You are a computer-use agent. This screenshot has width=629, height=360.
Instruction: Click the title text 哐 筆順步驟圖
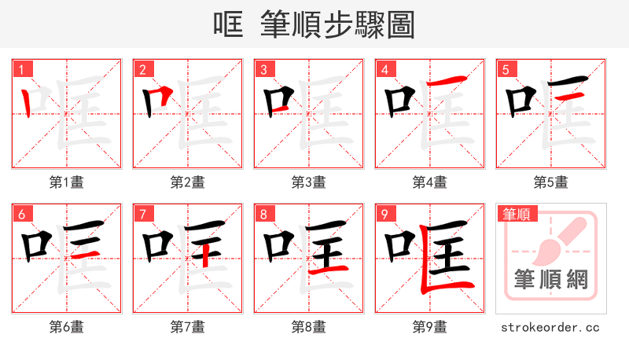click(314, 24)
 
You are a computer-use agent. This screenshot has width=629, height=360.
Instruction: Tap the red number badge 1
click(21, 70)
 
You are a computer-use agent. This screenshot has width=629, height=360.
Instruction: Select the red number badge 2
click(142, 70)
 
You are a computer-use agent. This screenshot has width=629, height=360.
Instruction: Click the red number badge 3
click(263, 70)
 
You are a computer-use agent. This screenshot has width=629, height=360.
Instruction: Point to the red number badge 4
click(384, 70)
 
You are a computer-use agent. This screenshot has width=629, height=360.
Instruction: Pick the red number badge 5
click(506, 70)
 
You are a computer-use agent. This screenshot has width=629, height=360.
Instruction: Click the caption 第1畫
click(67, 182)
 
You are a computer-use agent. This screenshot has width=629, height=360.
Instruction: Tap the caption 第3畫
click(309, 182)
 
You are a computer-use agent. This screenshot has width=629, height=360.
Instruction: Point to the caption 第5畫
click(551, 182)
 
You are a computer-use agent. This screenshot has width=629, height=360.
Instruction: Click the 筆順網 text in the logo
click(550, 280)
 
